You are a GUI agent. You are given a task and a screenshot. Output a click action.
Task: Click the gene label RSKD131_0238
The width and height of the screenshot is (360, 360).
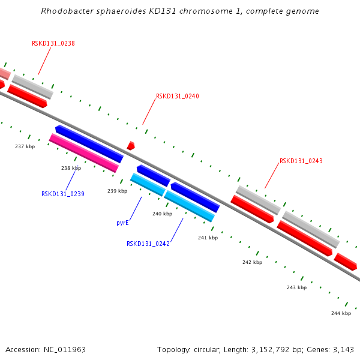pyautogui.click(x=53, y=43)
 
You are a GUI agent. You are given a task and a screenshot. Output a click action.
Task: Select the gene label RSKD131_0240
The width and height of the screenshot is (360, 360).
pyautogui.click(x=177, y=96)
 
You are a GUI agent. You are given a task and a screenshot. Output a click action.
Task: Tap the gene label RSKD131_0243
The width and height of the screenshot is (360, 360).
pyautogui.click(x=301, y=161)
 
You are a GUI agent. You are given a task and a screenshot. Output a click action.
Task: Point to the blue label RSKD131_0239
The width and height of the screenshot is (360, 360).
pyautogui.click(x=62, y=194)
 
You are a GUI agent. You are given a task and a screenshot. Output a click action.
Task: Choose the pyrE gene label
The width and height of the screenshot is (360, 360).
pyautogui.click(x=123, y=223)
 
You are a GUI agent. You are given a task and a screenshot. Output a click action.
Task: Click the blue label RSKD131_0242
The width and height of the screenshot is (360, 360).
pyautogui.click(x=148, y=244)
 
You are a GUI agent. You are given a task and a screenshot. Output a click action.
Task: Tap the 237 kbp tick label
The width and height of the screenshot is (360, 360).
pyautogui.click(x=25, y=146)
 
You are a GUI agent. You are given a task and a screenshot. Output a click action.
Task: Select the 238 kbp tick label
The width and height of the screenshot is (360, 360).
pyautogui.click(x=71, y=168)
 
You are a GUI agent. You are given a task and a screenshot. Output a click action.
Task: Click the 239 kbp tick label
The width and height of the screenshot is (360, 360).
pyautogui.click(x=117, y=191)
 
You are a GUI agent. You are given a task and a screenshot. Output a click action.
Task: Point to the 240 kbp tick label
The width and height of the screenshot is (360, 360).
pyautogui.click(x=162, y=214)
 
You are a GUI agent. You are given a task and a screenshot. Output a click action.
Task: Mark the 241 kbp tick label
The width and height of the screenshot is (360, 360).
pyautogui.click(x=208, y=238)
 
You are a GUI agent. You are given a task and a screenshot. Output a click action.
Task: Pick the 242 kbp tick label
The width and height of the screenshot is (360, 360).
pyautogui.click(x=252, y=262)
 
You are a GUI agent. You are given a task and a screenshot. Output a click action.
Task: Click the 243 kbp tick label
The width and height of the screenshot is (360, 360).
pyautogui.click(x=296, y=287)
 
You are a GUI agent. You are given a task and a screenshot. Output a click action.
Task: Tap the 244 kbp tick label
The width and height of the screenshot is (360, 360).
pyautogui.click(x=341, y=313)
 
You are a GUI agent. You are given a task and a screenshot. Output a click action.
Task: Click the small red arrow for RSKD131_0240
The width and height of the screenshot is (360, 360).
pyautogui.click(x=131, y=146)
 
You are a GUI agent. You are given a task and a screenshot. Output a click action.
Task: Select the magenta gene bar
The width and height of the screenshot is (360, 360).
pyautogui.click(x=83, y=153)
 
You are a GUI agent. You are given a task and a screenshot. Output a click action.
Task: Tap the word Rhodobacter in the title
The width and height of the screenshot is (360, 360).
pyautogui.click(x=65, y=11)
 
